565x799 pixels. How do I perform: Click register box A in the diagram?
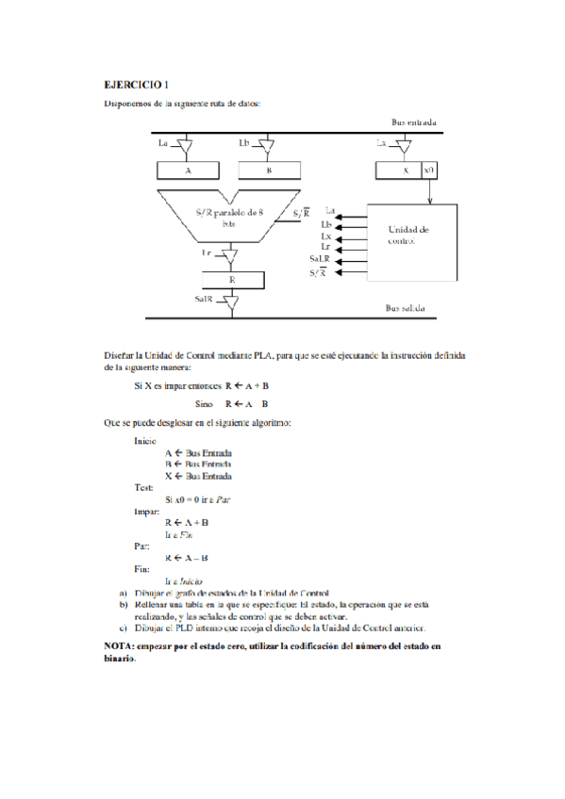[188, 171]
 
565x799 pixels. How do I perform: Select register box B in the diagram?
[269, 171]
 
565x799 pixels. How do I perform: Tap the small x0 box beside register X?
[429, 171]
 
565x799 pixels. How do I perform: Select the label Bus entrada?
[413, 122]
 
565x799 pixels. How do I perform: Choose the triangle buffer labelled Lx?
[403, 146]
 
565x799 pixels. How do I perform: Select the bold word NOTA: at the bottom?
[120, 646]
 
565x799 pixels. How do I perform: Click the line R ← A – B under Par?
[186, 557]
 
